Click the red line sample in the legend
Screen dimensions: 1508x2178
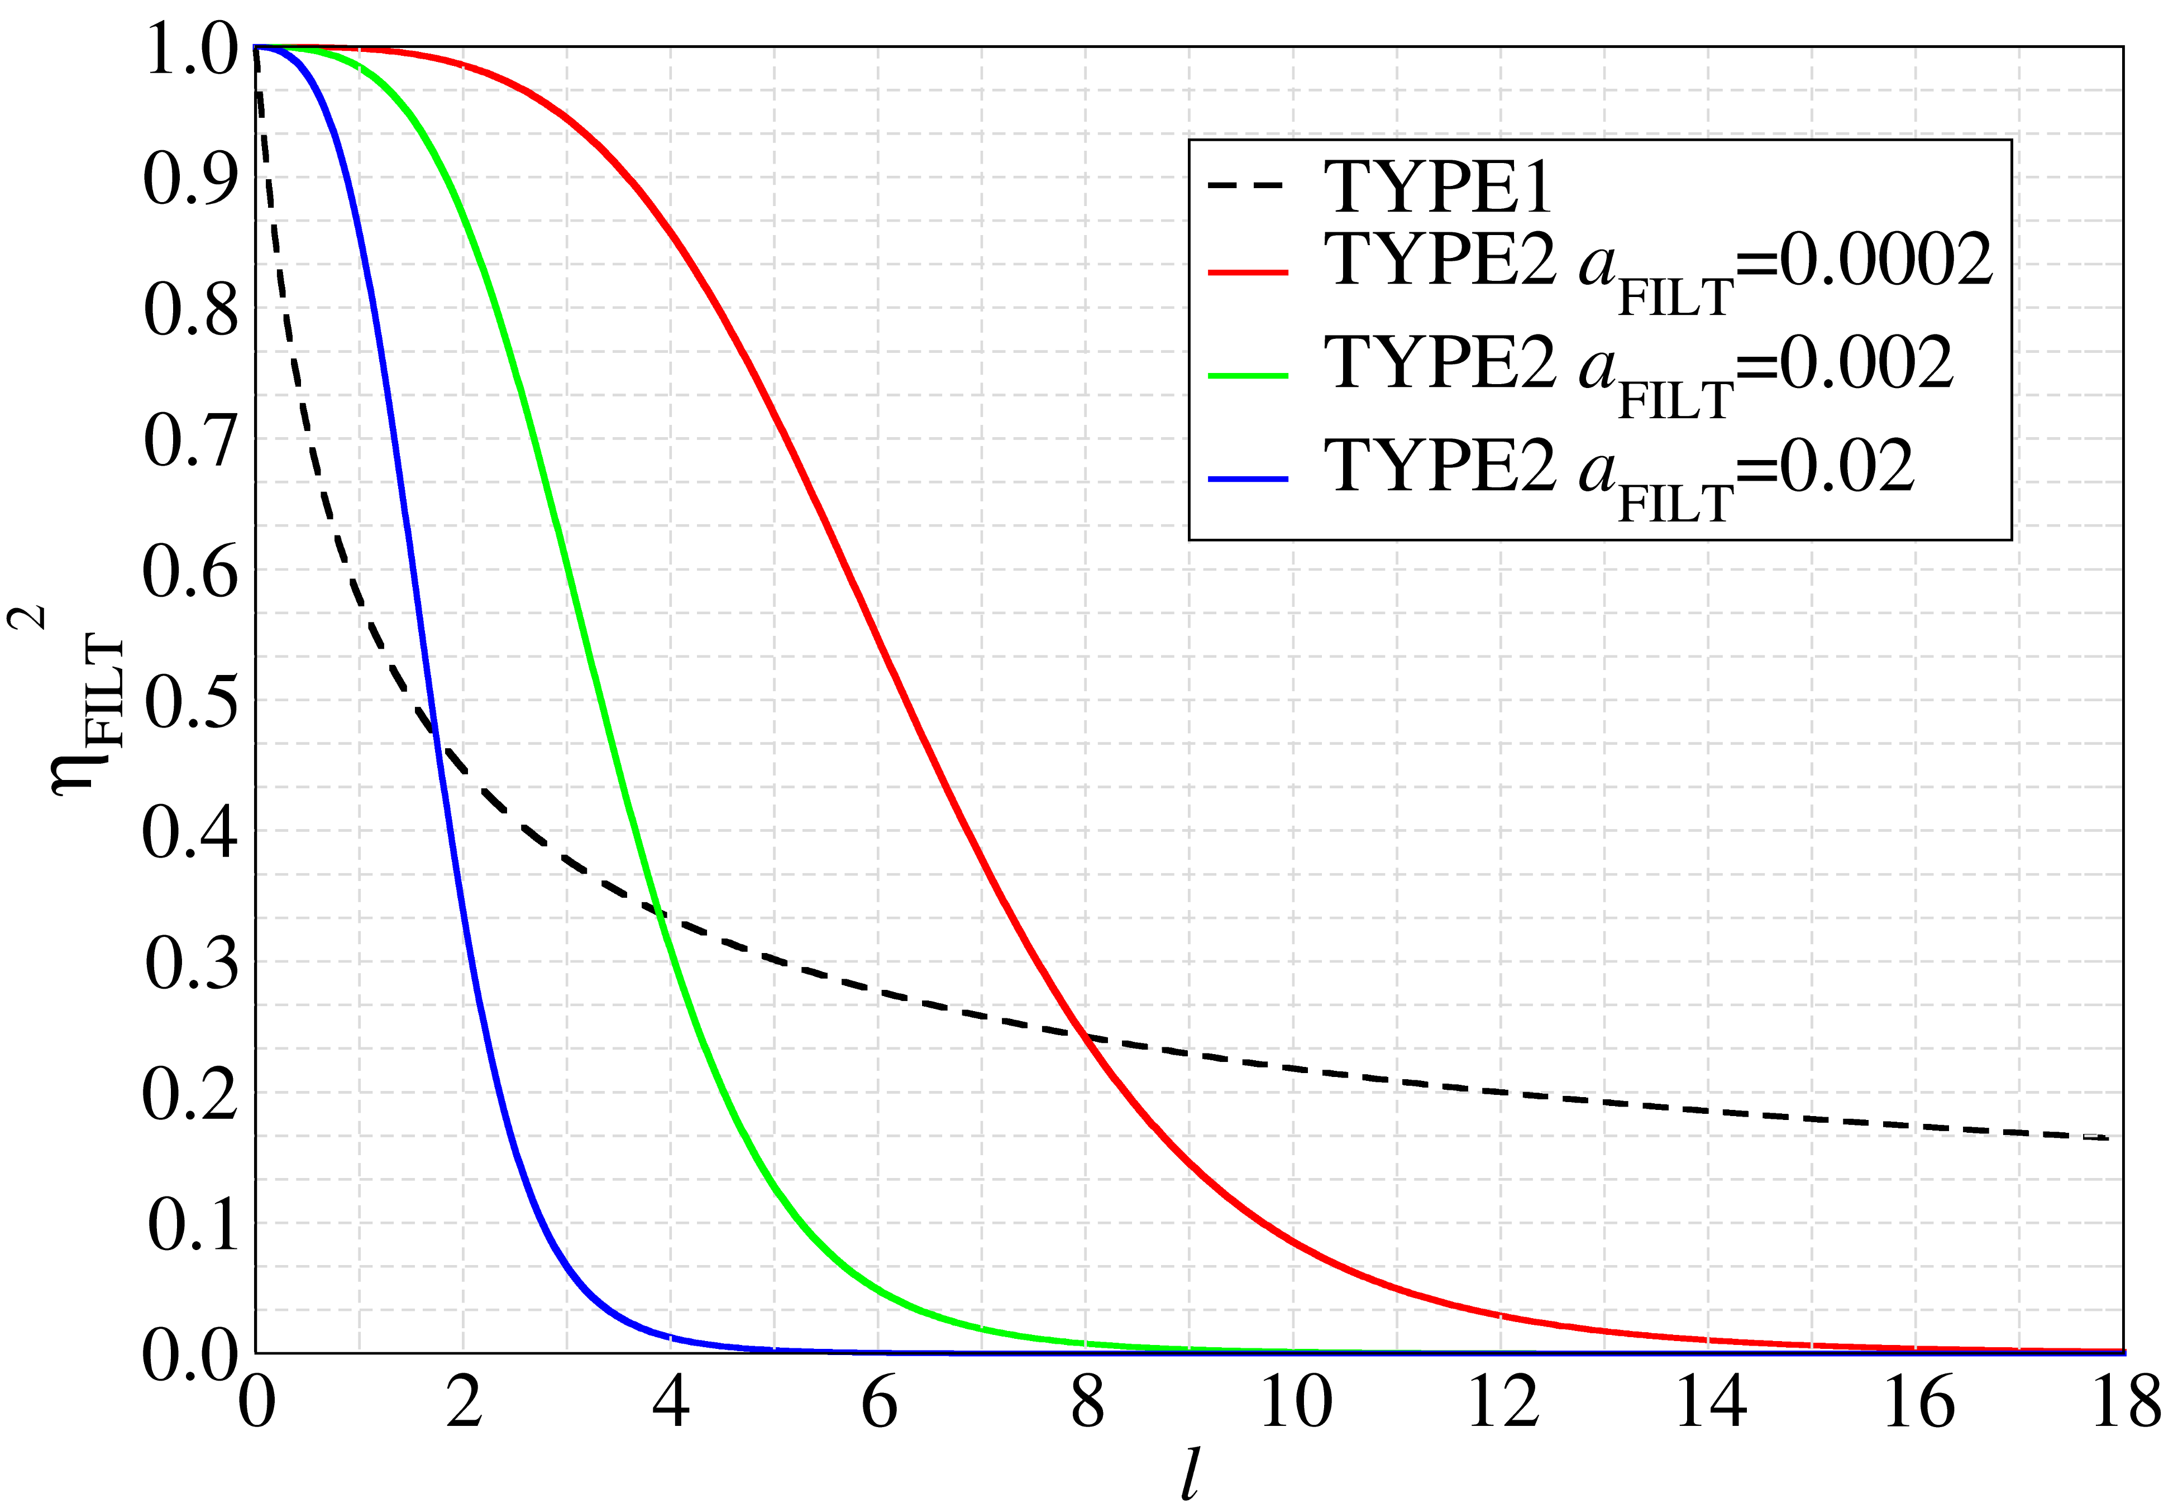[1247, 272]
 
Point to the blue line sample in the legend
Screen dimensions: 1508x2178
[1247, 479]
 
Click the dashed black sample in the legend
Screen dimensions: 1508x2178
[1247, 185]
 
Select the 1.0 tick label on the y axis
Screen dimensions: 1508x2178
[191, 49]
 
